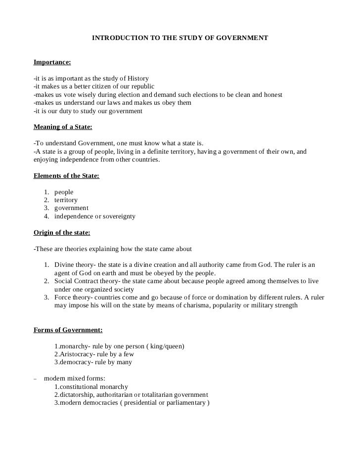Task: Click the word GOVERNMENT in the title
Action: tap(242, 38)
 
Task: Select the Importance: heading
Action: tap(52, 62)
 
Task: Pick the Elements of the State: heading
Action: tap(66, 176)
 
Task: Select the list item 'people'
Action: tap(64, 192)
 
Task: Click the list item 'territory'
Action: tap(66, 200)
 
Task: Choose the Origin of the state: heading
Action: tap(62, 232)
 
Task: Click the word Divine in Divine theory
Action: tap(64, 265)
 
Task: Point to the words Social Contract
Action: tap(78, 281)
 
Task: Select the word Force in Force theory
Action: tap(63, 297)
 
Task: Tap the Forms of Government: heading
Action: tap(68, 330)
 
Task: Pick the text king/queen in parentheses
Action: tap(164, 346)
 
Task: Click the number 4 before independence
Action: tap(46, 216)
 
